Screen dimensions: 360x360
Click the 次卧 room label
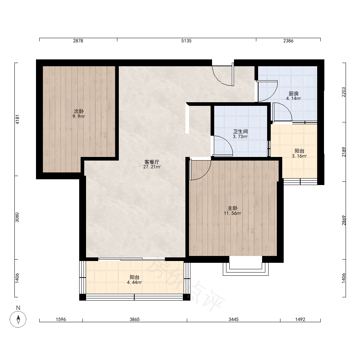click(79, 111)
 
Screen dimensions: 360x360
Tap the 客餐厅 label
click(152, 162)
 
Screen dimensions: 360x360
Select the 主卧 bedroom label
click(232, 208)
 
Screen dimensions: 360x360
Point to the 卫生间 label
click(240, 131)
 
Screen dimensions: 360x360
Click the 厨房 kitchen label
click(294, 94)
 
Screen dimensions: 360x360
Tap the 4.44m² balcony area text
click(134, 282)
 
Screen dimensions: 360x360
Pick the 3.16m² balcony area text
click(300, 156)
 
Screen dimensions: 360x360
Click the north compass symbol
click(18, 319)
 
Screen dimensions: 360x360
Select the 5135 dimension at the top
click(186, 41)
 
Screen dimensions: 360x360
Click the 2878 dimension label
click(78, 41)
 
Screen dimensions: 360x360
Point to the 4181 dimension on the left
click(17, 119)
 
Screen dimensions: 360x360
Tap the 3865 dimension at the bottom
click(135, 319)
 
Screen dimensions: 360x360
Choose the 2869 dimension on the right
click(344, 220)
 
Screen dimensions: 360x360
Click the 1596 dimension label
click(61, 319)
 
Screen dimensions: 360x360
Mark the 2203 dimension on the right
click(344, 92)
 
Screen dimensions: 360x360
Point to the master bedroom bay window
click(246, 269)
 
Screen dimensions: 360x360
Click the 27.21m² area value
click(152, 167)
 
